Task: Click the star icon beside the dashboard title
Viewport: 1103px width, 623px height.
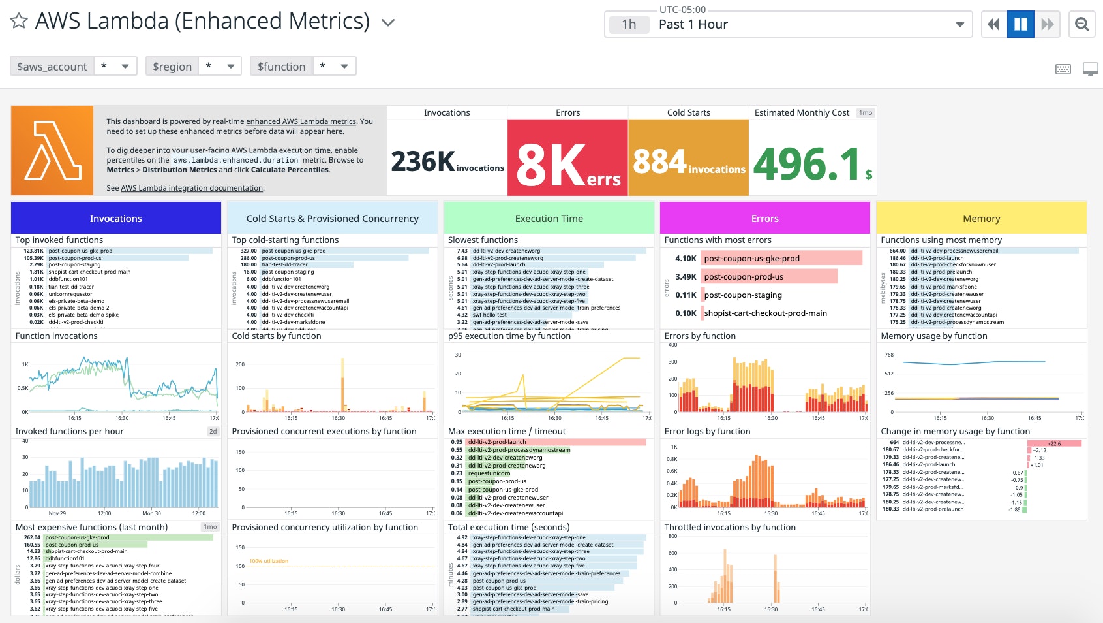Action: click(x=19, y=22)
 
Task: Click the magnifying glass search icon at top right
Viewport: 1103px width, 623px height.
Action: click(x=1081, y=24)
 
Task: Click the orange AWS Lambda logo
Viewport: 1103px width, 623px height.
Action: click(x=52, y=151)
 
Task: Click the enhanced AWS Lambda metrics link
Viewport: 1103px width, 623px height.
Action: click(x=301, y=121)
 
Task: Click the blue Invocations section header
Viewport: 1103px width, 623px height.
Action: click(x=115, y=218)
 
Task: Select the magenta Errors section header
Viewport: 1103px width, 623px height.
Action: click(x=764, y=218)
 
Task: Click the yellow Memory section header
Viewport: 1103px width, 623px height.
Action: click(x=981, y=218)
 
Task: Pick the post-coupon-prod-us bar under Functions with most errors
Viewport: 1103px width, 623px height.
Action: click(x=768, y=276)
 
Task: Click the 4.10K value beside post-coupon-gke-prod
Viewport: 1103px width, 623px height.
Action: click(x=686, y=258)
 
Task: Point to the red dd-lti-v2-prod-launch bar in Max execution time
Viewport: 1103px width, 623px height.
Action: click(x=556, y=442)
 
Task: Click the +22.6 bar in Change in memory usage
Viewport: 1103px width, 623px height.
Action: click(x=1054, y=443)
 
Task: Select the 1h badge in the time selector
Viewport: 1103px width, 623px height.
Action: click(x=629, y=24)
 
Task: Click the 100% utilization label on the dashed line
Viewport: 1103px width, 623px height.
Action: click(x=269, y=561)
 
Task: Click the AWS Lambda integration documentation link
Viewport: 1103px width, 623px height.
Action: click(x=192, y=188)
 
